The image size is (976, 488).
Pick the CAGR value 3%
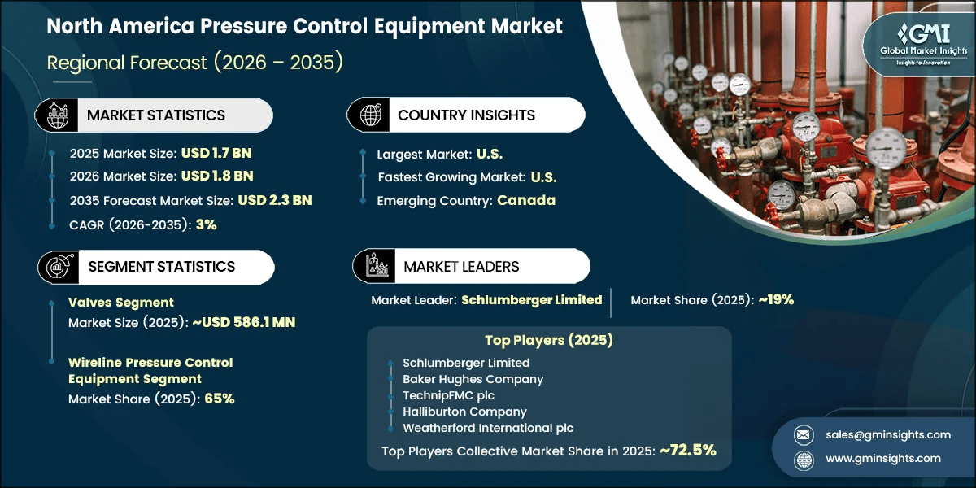pyautogui.click(x=206, y=224)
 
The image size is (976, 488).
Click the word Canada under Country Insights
pyautogui.click(x=526, y=200)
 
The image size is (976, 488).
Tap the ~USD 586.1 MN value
pyautogui.click(x=243, y=322)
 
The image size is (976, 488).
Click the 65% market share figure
pyautogui.click(x=219, y=399)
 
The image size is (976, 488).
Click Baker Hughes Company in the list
pyautogui.click(x=473, y=379)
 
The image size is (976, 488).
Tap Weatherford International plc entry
pyautogui.click(x=488, y=428)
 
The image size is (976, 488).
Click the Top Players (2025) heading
pyautogui.click(x=548, y=340)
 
